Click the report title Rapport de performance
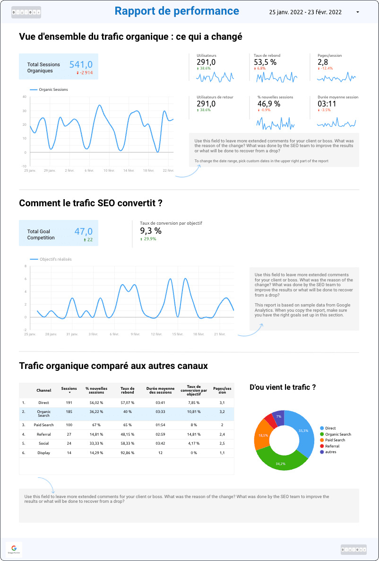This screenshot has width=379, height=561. pos(177,11)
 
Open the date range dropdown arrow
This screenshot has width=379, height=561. pos(357,12)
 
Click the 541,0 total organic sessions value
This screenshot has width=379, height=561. pos(81,64)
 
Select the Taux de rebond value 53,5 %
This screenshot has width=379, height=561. pos(265,62)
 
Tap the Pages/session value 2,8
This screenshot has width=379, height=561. pos(323,62)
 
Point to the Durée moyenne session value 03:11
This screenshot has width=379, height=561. pos(327,104)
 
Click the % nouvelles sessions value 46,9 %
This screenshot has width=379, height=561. pos(268,104)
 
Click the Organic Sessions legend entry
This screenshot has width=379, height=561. pos(53,89)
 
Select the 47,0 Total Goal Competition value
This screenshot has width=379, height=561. pos(83,231)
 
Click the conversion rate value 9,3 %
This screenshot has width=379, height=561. pos(151,231)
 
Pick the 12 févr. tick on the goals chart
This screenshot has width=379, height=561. pos(156,334)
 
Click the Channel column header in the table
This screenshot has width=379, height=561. pos(44,391)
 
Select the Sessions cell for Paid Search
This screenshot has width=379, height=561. pos(69,425)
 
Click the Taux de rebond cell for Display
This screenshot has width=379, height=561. pos(128,453)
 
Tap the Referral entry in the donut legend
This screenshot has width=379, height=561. pos(332,446)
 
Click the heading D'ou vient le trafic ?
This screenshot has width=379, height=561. pos(283,387)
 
